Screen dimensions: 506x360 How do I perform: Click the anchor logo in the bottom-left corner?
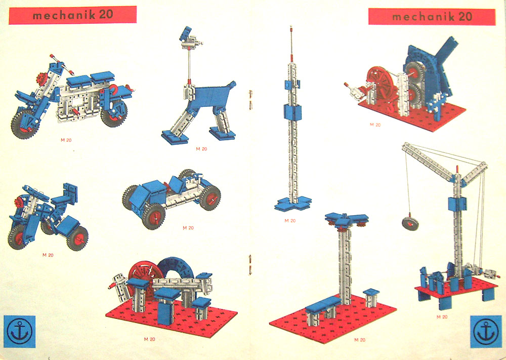[x=19, y=332]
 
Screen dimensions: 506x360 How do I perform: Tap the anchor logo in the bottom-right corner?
[x=486, y=332]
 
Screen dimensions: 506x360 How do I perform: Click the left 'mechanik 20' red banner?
[x=72, y=15]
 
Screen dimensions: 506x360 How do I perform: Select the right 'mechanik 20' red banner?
[x=432, y=17]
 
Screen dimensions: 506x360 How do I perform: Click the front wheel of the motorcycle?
[x=24, y=125]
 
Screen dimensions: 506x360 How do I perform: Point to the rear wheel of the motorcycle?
[x=113, y=113]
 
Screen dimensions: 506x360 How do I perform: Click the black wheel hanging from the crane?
[x=410, y=223]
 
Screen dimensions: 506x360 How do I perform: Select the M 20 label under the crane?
[x=442, y=317]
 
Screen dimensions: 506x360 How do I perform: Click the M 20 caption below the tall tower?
[x=290, y=221]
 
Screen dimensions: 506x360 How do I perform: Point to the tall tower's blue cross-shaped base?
[x=293, y=204]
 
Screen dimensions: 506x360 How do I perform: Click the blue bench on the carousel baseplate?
[x=323, y=304]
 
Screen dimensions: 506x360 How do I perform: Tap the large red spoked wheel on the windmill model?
[x=381, y=83]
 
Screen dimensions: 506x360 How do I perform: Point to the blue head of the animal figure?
[x=186, y=33]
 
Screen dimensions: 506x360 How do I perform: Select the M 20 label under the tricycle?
[x=48, y=255]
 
